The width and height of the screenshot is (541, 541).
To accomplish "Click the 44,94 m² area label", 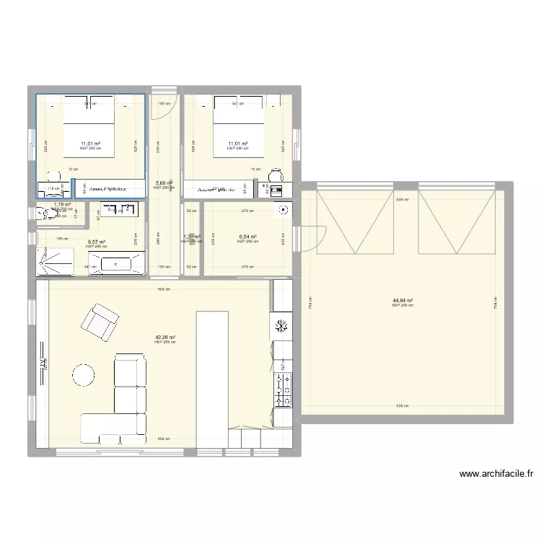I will click(403, 301).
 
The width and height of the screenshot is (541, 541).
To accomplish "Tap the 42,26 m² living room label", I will click(165, 337).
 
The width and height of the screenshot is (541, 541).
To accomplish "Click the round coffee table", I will click(83, 375).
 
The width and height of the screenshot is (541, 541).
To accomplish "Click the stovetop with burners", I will click(281, 390).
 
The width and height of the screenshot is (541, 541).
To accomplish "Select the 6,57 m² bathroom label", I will click(96, 242).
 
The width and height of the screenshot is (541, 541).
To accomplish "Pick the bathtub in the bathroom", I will click(120, 264).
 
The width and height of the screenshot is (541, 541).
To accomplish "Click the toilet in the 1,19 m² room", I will click(40, 213).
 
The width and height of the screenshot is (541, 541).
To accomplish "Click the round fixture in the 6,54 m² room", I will click(285, 211).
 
